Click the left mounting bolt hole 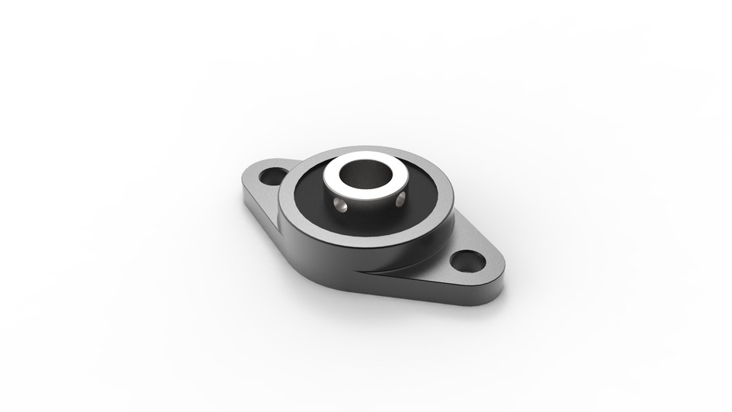273,176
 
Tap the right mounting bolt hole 467,262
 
